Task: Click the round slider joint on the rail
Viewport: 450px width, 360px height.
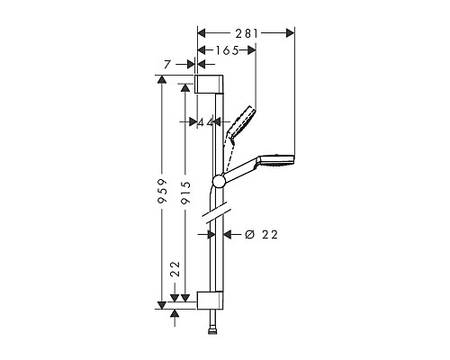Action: pos(217,183)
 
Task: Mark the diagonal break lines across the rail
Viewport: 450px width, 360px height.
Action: pos(216,216)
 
